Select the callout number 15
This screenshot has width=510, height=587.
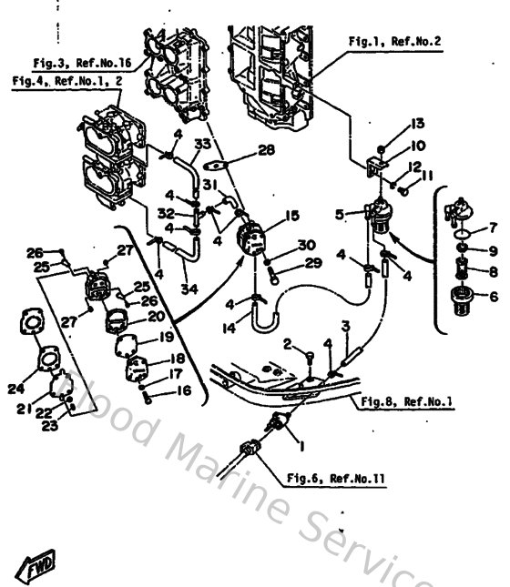292,216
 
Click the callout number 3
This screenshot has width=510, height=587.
346,325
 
